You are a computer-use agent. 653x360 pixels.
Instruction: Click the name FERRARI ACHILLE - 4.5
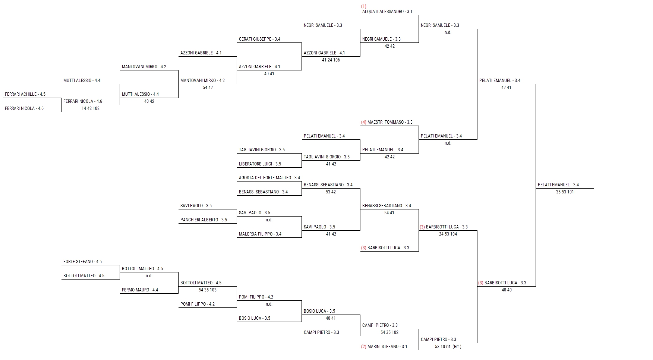click(x=25, y=94)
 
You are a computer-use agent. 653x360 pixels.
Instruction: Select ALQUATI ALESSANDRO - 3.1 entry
click(x=387, y=12)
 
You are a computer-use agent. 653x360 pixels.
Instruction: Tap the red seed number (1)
click(x=364, y=6)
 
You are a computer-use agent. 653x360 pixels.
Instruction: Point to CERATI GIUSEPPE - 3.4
click(x=259, y=39)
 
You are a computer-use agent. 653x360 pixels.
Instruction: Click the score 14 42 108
click(x=91, y=108)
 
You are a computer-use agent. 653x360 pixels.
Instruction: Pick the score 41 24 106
click(x=331, y=60)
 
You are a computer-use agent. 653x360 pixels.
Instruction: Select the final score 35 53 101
click(x=565, y=192)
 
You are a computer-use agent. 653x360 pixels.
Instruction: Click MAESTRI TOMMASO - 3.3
click(x=390, y=122)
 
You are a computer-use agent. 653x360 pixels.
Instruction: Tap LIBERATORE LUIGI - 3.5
click(x=260, y=164)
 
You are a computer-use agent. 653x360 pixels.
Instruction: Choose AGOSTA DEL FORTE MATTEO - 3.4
click(x=269, y=178)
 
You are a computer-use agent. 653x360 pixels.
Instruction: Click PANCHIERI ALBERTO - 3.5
click(x=204, y=220)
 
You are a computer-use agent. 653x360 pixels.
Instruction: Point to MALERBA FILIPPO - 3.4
click(x=260, y=234)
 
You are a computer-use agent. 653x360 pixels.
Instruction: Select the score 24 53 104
click(x=448, y=234)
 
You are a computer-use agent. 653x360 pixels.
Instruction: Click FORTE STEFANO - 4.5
click(x=82, y=262)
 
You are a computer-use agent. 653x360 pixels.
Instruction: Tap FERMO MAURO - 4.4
click(x=140, y=290)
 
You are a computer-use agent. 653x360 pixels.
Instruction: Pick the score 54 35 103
click(x=208, y=290)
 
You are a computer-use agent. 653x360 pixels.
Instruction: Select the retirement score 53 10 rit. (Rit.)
click(x=448, y=347)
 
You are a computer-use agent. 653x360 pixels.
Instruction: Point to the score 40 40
click(x=507, y=290)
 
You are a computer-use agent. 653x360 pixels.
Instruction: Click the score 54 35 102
click(x=389, y=332)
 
